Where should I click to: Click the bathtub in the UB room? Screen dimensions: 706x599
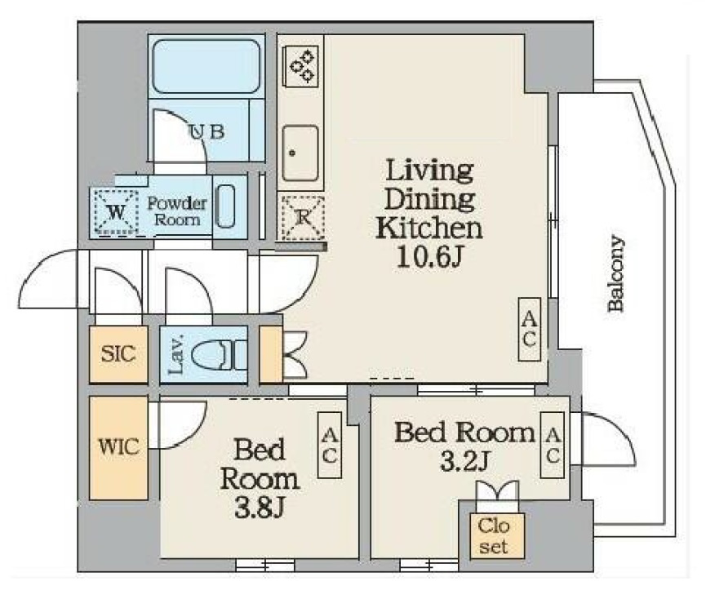[x=206, y=66]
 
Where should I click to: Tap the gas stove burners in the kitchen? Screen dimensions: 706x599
[x=301, y=67]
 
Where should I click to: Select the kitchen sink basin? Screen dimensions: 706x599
[x=300, y=153]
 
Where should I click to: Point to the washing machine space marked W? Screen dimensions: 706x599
[x=116, y=212]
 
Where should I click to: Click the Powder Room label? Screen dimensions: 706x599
[x=177, y=211]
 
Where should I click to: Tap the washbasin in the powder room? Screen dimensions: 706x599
[x=225, y=206]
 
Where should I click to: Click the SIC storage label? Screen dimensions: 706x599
[x=118, y=353]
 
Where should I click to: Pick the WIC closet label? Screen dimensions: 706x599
[x=119, y=447]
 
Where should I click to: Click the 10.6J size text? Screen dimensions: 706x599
[x=430, y=257]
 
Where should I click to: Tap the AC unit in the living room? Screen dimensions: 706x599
[x=529, y=330]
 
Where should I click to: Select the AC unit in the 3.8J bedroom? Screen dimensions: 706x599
[x=330, y=445]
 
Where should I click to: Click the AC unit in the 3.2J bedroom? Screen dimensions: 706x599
[x=553, y=445]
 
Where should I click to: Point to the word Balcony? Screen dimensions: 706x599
[x=615, y=273]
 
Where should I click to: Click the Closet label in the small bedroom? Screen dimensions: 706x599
[x=494, y=536]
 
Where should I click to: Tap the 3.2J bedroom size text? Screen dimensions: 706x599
[x=464, y=460]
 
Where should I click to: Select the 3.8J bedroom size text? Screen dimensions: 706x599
[x=260, y=508]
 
